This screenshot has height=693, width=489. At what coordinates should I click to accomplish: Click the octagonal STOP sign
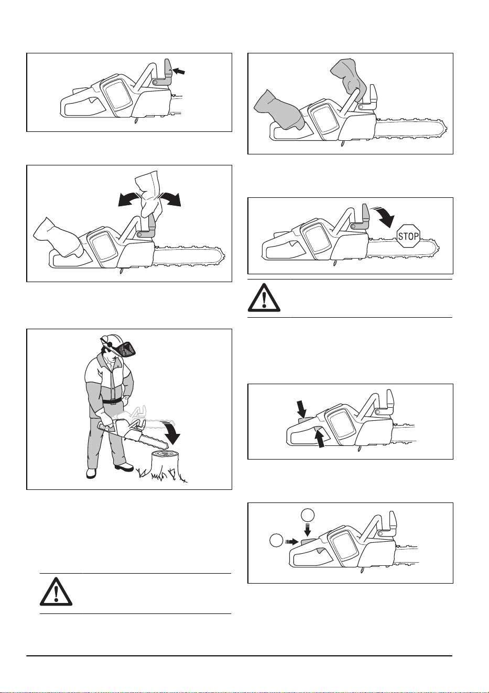click(x=408, y=236)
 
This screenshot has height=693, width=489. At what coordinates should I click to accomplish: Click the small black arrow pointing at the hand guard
click(x=179, y=72)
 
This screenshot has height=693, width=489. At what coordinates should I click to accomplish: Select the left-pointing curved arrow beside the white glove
click(x=128, y=199)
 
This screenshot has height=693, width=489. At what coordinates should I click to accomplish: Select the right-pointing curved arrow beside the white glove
click(x=170, y=198)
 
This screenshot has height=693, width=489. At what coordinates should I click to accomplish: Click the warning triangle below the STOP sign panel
click(x=264, y=298)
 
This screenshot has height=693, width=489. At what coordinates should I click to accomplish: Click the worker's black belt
click(x=112, y=401)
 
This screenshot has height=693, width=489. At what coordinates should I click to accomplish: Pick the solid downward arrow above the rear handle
click(x=301, y=409)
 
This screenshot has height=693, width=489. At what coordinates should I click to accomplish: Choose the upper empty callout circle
click(x=308, y=516)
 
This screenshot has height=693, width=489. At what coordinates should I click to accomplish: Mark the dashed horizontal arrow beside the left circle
click(x=292, y=541)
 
